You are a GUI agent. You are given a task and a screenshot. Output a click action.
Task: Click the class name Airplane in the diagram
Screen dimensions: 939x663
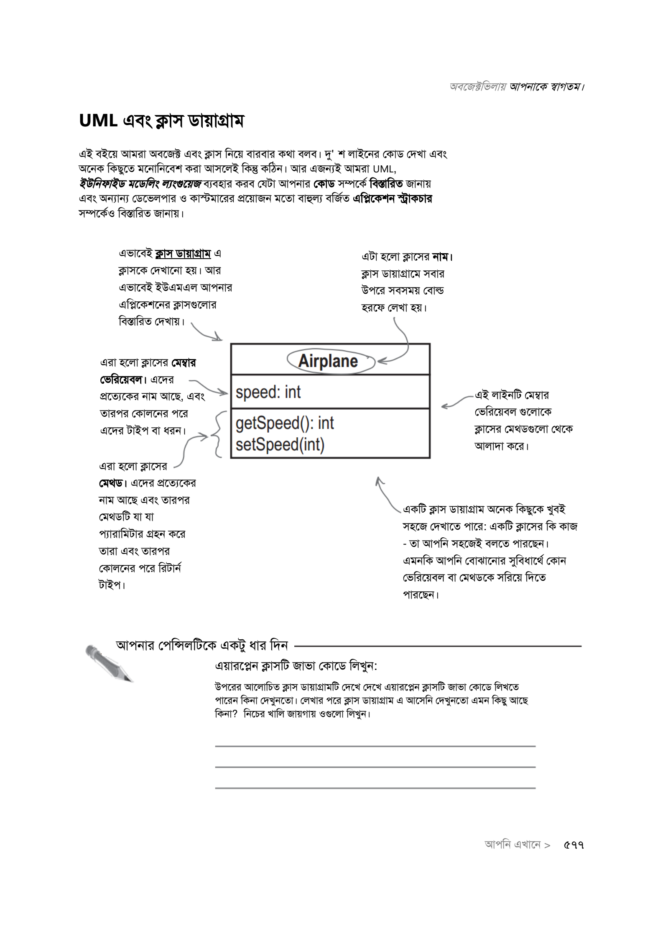click(328, 361)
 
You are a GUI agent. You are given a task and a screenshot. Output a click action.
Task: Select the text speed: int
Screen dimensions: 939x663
click(268, 393)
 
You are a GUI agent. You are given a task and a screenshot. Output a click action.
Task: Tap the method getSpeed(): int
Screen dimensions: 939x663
click(285, 423)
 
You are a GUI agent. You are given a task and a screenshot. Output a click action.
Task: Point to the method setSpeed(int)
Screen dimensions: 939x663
click(280, 444)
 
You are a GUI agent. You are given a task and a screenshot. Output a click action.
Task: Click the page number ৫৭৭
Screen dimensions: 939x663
click(574, 845)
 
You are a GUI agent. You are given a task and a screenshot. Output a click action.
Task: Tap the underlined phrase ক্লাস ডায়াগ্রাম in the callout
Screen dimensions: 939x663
click(183, 254)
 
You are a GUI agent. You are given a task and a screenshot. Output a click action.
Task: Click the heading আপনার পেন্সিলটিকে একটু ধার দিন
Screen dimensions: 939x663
click(202, 645)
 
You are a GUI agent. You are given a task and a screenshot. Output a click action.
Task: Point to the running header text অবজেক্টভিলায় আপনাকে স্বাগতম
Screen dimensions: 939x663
click(516, 87)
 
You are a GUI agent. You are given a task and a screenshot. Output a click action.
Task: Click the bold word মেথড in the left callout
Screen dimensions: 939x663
click(111, 483)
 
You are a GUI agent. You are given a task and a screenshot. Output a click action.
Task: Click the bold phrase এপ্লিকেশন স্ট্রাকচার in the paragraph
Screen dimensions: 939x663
click(393, 198)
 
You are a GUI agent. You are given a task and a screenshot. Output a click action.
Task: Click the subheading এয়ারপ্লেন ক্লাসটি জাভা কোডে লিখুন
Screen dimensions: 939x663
click(296, 666)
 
